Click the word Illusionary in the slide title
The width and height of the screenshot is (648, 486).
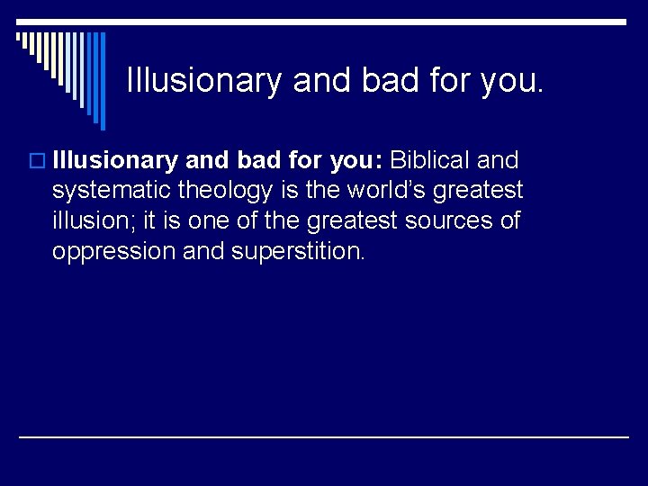pyautogui.click(x=204, y=80)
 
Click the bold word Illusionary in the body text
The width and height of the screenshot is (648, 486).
pyautogui.click(x=114, y=161)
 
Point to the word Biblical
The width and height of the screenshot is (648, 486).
pyautogui.click(x=430, y=161)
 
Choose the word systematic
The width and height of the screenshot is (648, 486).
pyautogui.click(x=112, y=191)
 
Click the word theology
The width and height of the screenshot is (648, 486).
pyautogui.click(x=226, y=191)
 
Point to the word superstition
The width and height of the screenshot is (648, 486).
pyautogui.click(x=298, y=250)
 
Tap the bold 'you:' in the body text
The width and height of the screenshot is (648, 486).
pyautogui.click(x=356, y=161)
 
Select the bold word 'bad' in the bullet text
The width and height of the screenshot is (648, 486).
pyautogui.click(x=255, y=161)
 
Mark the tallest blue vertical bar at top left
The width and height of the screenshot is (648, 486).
pyautogui.click(x=102, y=81)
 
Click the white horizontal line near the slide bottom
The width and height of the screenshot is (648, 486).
pyautogui.click(x=324, y=436)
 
